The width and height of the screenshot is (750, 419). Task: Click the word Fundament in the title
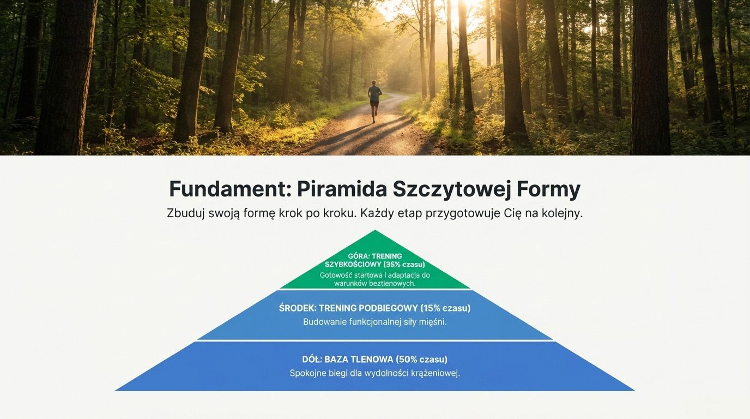tap(230, 189)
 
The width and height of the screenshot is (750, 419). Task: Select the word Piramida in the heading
tap(341, 189)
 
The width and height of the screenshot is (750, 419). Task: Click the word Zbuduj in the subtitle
tap(185, 213)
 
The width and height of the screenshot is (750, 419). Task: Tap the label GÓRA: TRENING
tap(375, 256)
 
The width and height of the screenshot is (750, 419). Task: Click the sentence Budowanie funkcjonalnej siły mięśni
tap(375, 322)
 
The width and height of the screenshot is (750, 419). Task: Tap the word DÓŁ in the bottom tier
tap(311, 360)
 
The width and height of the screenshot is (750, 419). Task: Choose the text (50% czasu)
tap(422, 360)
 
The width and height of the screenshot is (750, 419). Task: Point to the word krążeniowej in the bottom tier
tap(436, 374)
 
